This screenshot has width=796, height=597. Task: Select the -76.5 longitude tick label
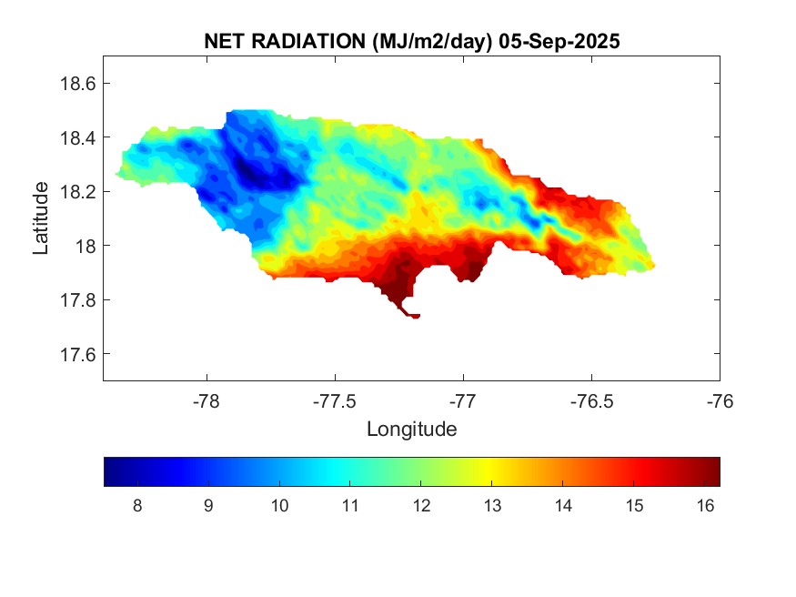pyautogui.click(x=591, y=400)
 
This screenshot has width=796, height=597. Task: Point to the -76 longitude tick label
pyautogui.click(x=720, y=400)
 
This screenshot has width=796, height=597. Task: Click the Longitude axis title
pyautogui.click(x=411, y=429)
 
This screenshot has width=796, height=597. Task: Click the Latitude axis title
pyautogui.click(x=41, y=218)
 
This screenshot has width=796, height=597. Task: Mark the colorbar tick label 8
pyautogui.click(x=136, y=506)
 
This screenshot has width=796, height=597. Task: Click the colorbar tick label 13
pyautogui.click(x=492, y=506)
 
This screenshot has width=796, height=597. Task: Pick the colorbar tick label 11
pyautogui.click(x=350, y=506)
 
